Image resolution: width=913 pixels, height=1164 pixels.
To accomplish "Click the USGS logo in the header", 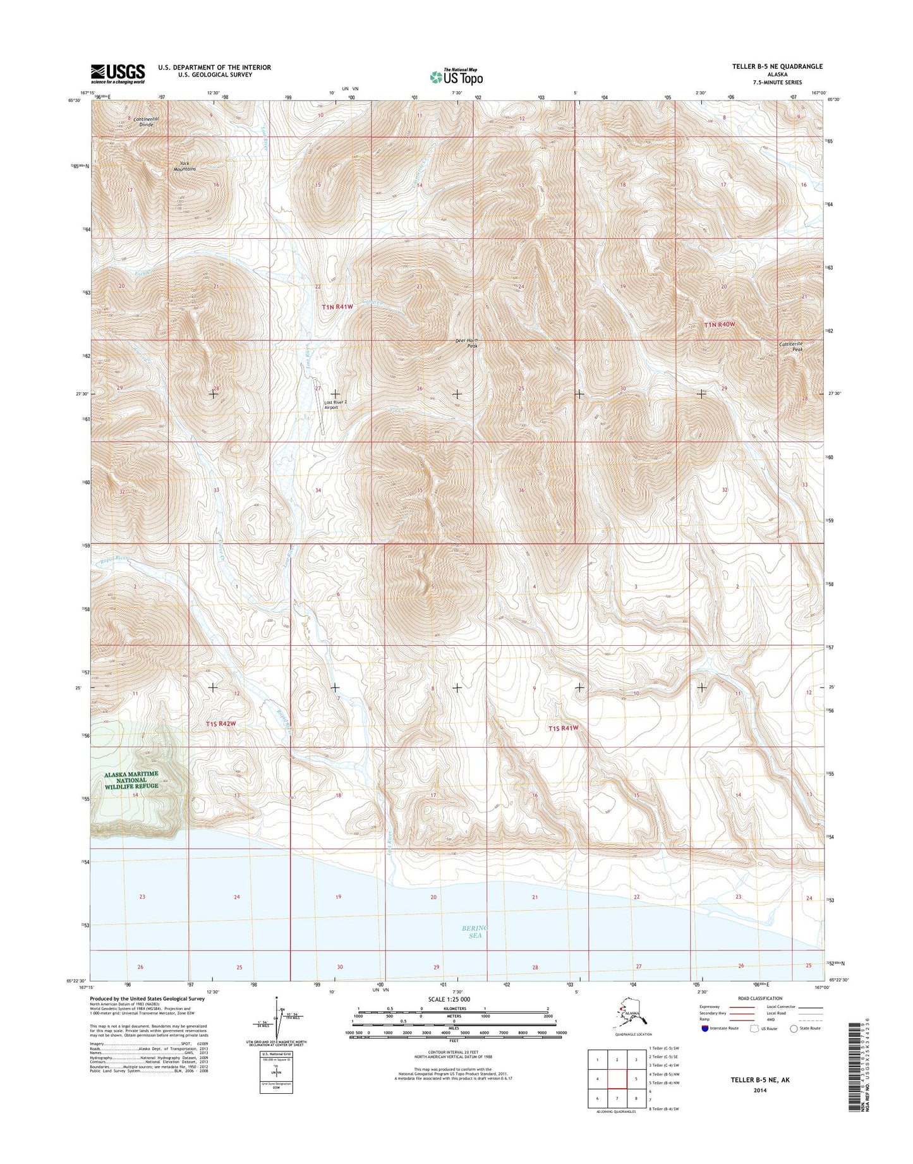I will [x=118, y=73].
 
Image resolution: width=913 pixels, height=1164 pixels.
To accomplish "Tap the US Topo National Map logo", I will [x=457, y=76].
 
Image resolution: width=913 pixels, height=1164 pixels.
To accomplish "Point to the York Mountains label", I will [x=184, y=166].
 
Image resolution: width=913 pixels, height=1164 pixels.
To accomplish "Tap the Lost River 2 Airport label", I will [x=336, y=404].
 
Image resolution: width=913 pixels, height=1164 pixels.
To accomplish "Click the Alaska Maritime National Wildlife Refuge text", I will [x=132, y=780].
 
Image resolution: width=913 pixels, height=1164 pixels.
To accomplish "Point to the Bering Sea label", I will [x=475, y=931].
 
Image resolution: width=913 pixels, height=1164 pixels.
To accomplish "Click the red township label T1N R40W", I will [x=720, y=324].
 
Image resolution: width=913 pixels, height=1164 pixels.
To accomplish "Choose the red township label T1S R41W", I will [x=564, y=728].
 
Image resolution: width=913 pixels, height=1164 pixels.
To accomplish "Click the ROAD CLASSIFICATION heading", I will [x=760, y=998].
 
